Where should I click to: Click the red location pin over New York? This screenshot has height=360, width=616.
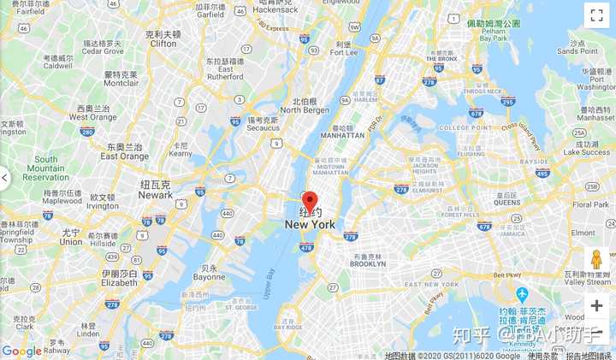tap(310, 201)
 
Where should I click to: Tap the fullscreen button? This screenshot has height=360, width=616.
tap(596, 15)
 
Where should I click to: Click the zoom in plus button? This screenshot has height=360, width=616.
tap(596, 306)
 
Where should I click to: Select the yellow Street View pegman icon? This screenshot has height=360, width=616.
tap(596, 259)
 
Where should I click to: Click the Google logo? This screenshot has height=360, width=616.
tap(22, 351)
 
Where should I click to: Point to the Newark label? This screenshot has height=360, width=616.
tap(156, 195)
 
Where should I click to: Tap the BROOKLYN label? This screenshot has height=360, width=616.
tap(369, 264)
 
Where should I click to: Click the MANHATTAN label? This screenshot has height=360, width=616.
tap(342, 135)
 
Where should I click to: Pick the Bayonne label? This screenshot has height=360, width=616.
tap(209, 277)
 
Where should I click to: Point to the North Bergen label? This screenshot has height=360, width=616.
tap(304, 109)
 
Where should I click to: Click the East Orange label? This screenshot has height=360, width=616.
tap(124, 156)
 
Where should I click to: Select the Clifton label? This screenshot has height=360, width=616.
tap(163, 43)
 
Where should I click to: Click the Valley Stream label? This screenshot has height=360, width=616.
tap(587, 281)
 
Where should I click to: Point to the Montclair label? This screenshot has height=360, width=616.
tap(121, 83)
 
